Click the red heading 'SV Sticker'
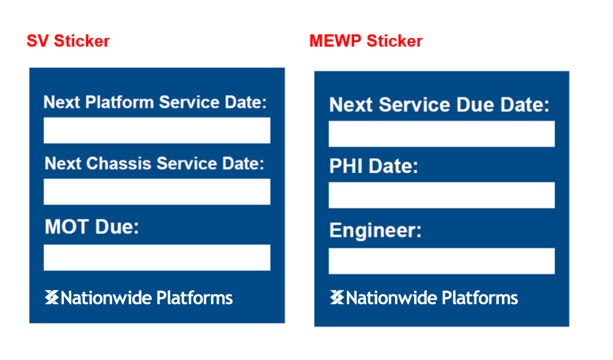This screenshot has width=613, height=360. [x=68, y=41]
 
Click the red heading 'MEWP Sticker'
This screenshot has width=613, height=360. [x=366, y=41]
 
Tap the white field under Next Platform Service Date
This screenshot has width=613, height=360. [x=157, y=130]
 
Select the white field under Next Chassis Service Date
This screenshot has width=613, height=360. [x=157, y=191]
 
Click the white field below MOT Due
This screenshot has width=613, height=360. [x=157, y=257]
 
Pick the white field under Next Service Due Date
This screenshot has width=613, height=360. [x=442, y=134]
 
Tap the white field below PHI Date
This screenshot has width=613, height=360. [x=442, y=195]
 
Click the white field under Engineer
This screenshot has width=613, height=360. [x=442, y=261]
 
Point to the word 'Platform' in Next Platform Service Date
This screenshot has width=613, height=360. [x=119, y=102]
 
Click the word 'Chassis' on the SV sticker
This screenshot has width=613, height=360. [x=118, y=163]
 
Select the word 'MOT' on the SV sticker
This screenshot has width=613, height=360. [x=67, y=226]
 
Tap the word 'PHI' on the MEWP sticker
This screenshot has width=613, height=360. [x=346, y=166]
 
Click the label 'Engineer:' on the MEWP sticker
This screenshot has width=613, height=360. [x=375, y=230]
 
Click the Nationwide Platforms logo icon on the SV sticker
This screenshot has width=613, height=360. [x=52, y=297]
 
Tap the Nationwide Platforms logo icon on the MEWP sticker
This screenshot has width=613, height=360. [x=337, y=297]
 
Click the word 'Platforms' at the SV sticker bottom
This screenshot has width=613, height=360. [x=195, y=298]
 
